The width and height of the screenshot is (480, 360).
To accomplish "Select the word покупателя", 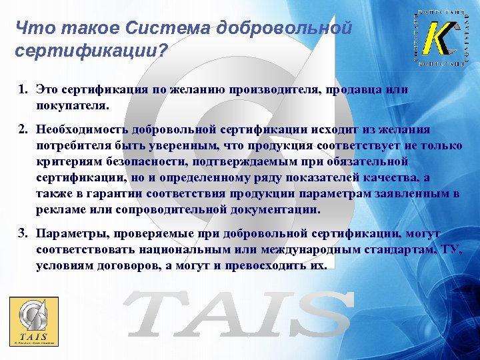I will pyautogui.click(x=72, y=105).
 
